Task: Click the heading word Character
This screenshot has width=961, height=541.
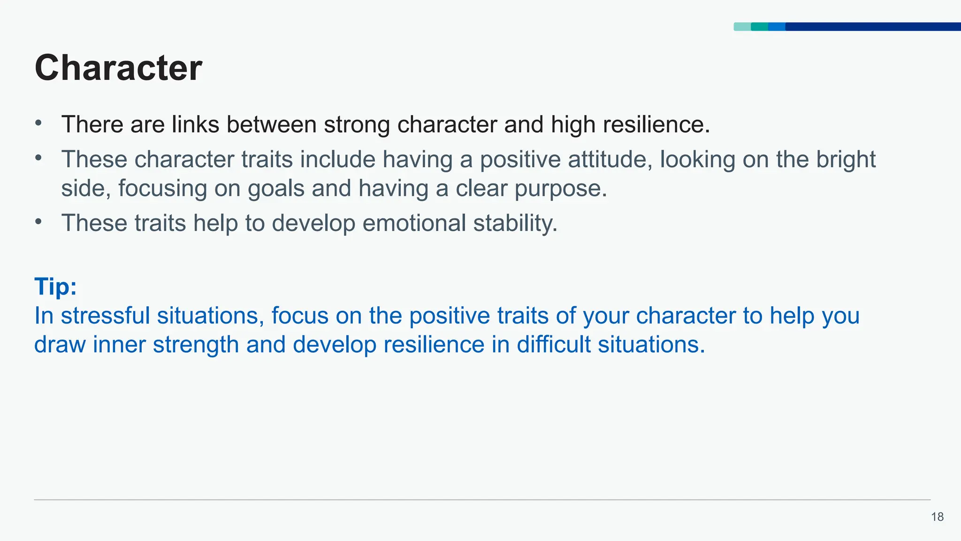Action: pos(118,68)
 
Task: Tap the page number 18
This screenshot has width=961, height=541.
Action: pos(937,517)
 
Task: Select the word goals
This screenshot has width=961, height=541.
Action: pos(276,189)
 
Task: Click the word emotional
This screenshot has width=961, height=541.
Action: pos(414,223)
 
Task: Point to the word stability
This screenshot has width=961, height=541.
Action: pos(515,223)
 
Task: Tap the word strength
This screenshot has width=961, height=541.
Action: pos(196,345)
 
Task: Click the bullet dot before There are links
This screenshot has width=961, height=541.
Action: pos(38,124)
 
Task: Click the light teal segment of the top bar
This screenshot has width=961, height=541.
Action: pos(742,27)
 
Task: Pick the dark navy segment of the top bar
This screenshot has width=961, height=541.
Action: pos(873,27)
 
